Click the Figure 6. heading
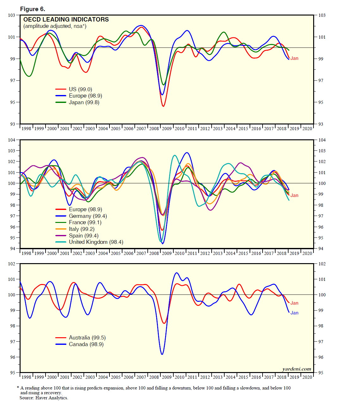(33, 9)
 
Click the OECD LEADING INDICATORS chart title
(66, 19)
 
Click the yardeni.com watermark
(296, 369)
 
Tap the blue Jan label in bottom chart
(294, 313)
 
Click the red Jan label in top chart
(294, 58)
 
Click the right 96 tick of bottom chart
(321, 357)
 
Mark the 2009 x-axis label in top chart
(167, 129)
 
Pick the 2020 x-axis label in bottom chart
(307, 377)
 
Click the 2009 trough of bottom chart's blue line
(162, 354)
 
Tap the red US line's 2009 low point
(163, 106)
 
